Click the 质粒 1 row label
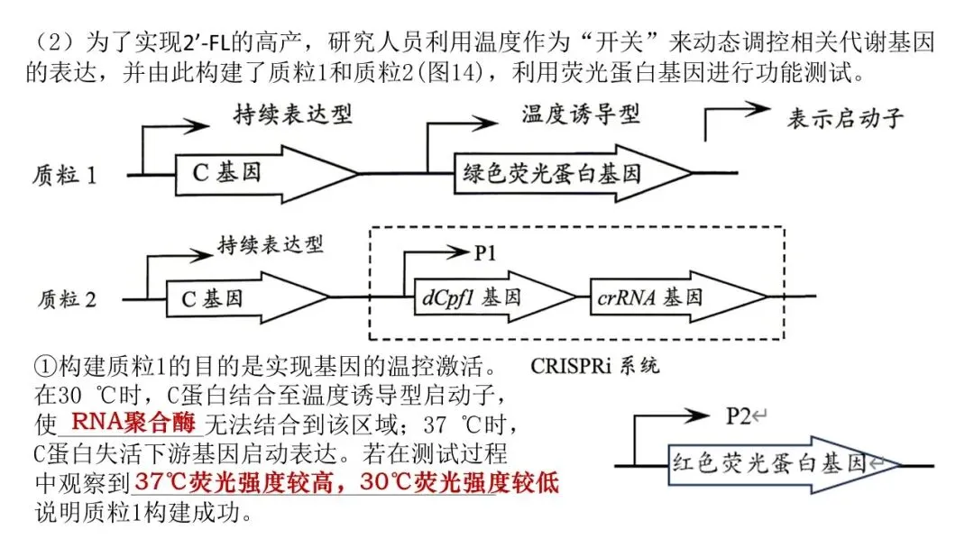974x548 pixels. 65,175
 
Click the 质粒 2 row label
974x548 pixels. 67,300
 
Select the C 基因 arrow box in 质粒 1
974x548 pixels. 267,174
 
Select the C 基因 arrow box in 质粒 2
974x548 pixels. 248,298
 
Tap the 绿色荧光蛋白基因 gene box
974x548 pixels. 573,173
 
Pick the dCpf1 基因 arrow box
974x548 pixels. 495,297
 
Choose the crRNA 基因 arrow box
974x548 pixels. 678,297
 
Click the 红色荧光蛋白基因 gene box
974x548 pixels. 784,464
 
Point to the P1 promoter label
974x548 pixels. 485,253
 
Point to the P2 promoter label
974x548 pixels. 739,416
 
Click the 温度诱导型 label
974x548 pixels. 580,114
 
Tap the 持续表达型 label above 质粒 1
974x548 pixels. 293,114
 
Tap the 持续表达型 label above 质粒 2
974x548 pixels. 271,245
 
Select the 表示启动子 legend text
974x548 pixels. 845,118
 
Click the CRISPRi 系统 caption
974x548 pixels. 594,366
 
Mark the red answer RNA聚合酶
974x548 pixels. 133,423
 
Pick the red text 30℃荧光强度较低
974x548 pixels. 459,482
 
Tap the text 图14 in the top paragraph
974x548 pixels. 452,73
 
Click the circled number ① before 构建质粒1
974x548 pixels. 45,367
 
